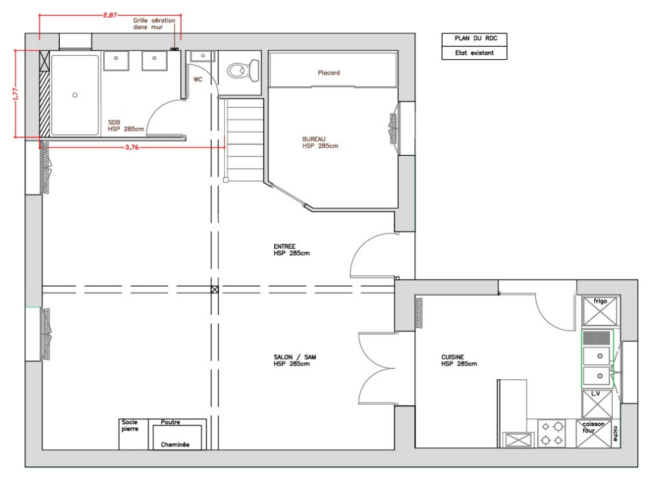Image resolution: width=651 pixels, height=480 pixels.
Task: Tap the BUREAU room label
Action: (314, 139)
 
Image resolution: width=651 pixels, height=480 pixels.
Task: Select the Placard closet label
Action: (329, 73)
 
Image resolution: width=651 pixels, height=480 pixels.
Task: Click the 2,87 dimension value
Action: (110, 15)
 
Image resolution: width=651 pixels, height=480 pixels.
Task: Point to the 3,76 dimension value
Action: (132, 147)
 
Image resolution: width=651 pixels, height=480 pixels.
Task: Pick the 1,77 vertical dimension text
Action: (16, 94)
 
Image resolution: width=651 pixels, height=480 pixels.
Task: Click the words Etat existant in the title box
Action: (474, 53)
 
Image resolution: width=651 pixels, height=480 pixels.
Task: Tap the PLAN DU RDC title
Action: (476, 38)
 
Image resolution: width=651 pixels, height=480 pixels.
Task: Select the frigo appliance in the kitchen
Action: (600, 311)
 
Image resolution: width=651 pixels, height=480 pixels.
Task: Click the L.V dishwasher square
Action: (597, 404)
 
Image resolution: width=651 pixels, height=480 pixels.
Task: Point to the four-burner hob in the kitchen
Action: (552, 433)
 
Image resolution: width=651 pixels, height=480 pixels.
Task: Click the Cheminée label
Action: (175, 444)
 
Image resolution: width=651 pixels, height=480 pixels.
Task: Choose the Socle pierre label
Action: (130, 425)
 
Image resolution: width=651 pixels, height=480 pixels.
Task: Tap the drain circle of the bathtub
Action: (75, 95)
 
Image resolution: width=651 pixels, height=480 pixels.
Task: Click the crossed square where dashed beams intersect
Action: (214, 289)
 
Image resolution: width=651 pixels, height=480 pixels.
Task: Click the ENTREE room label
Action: (284, 246)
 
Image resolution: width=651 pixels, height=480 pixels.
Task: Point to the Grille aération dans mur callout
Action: (154, 24)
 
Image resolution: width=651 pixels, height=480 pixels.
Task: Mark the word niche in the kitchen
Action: (615, 433)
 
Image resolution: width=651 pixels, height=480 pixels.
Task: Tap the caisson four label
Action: (593, 427)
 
